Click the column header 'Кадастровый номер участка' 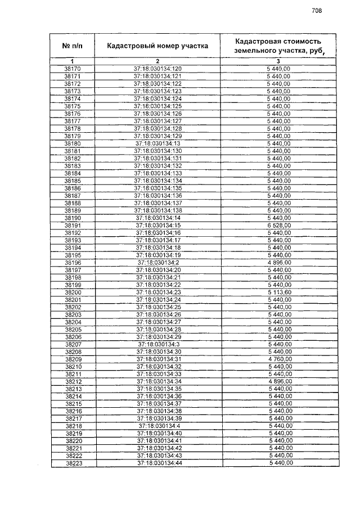[x=157, y=46]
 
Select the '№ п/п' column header [x=73, y=46]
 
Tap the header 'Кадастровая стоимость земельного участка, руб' [x=278, y=46]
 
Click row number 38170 [x=73, y=69]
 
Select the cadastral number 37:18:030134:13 [x=157, y=143]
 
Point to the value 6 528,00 [x=279, y=225]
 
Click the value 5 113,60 [x=279, y=292]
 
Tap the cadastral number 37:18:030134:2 [x=158, y=263]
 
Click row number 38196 [x=73, y=263]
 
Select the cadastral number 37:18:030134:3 [x=158, y=344]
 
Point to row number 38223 [x=73, y=463]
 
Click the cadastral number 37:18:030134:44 [x=158, y=463]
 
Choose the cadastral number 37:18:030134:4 [x=158, y=426]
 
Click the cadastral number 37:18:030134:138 [x=157, y=210]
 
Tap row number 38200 [x=73, y=292]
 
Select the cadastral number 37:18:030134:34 [x=158, y=381]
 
